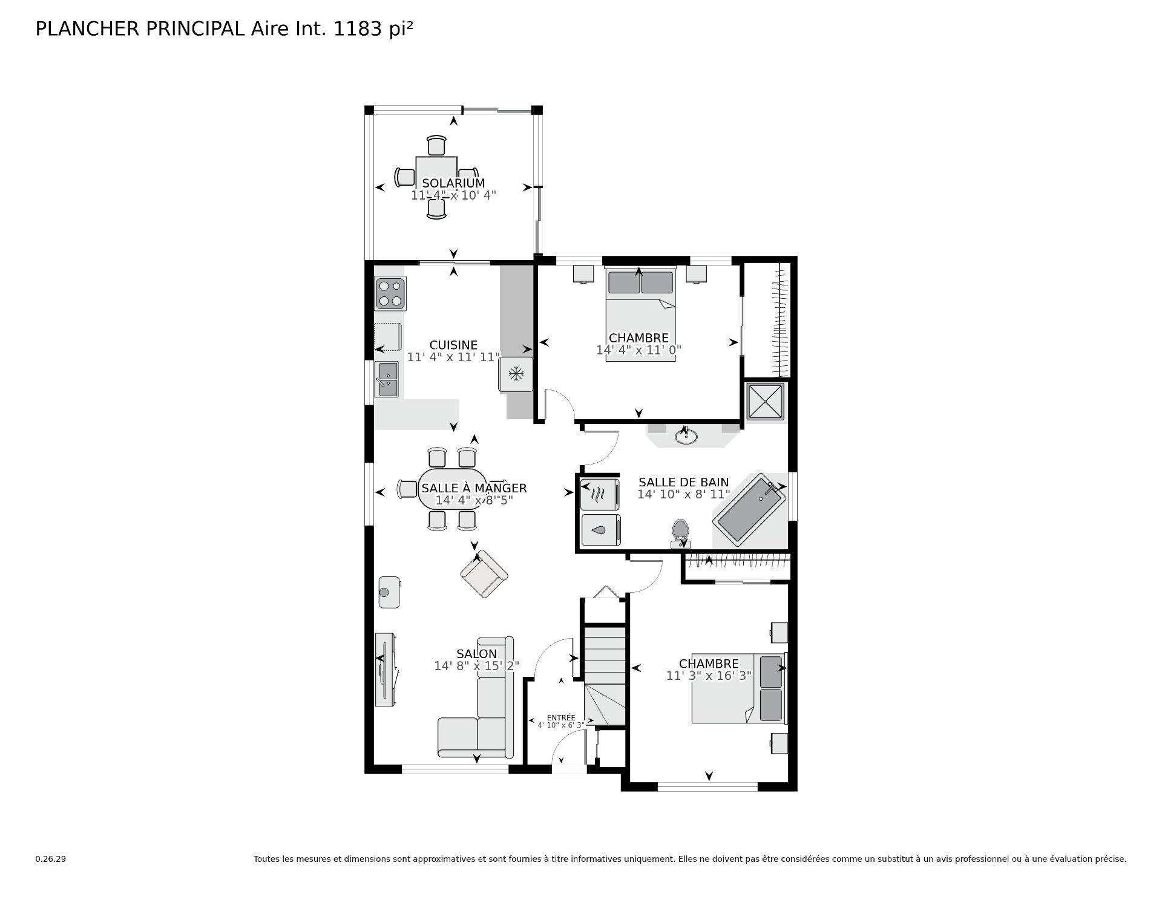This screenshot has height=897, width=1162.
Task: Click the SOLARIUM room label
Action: [x=453, y=183]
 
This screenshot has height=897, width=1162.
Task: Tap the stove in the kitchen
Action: [x=390, y=293]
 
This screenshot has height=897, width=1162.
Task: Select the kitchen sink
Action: [x=387, y=379]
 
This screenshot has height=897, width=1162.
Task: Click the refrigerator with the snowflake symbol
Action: [x=516, y=374]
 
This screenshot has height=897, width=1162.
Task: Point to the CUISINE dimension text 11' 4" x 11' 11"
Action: [x=453, y=357]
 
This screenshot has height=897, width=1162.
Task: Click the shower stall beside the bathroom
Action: [x=765, y=401]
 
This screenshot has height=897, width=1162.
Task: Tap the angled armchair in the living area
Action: [x=484, y=574]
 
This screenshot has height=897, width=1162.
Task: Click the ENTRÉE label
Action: [x=561, y=717]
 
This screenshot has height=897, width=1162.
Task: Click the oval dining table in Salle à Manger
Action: [x=452, y=488]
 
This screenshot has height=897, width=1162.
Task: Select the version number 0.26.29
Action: [x=50, y=859]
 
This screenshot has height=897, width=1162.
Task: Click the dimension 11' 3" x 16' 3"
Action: [x=709, y=676]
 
